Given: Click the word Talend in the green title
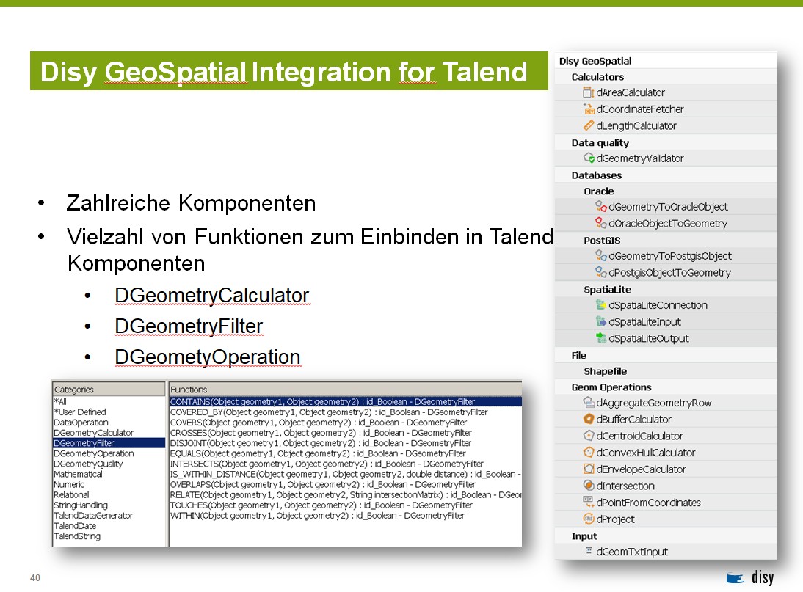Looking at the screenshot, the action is coord(484,72).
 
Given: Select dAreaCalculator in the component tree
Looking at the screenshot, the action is coord(630,92).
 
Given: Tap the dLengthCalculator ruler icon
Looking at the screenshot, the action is coord(589,125).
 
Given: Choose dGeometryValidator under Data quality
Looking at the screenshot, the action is coord(639,158).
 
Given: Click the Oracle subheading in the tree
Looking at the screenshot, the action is coord(599,191).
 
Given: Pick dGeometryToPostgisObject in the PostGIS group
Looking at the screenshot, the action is coord(670,256).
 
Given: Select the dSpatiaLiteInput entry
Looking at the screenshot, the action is coord(644,322).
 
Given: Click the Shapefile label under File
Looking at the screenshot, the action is coord(606,371).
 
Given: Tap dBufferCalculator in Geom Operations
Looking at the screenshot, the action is coord(633,420).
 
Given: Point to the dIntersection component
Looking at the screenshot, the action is coord(625,486).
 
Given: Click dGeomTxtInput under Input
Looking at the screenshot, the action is coord(632,552).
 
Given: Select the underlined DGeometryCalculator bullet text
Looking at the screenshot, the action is coord(212,296).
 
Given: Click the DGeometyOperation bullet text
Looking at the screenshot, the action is coord(208,357).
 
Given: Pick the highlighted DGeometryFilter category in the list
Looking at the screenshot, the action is coord(84,443).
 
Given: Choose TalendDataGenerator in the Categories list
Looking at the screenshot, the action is coord(93,515).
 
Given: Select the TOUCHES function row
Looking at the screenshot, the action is coord(321,505).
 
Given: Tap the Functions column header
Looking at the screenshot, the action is coord(189,390).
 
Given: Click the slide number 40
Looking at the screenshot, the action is coord(34,577).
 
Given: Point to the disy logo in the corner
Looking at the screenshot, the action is coord(749,577).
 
